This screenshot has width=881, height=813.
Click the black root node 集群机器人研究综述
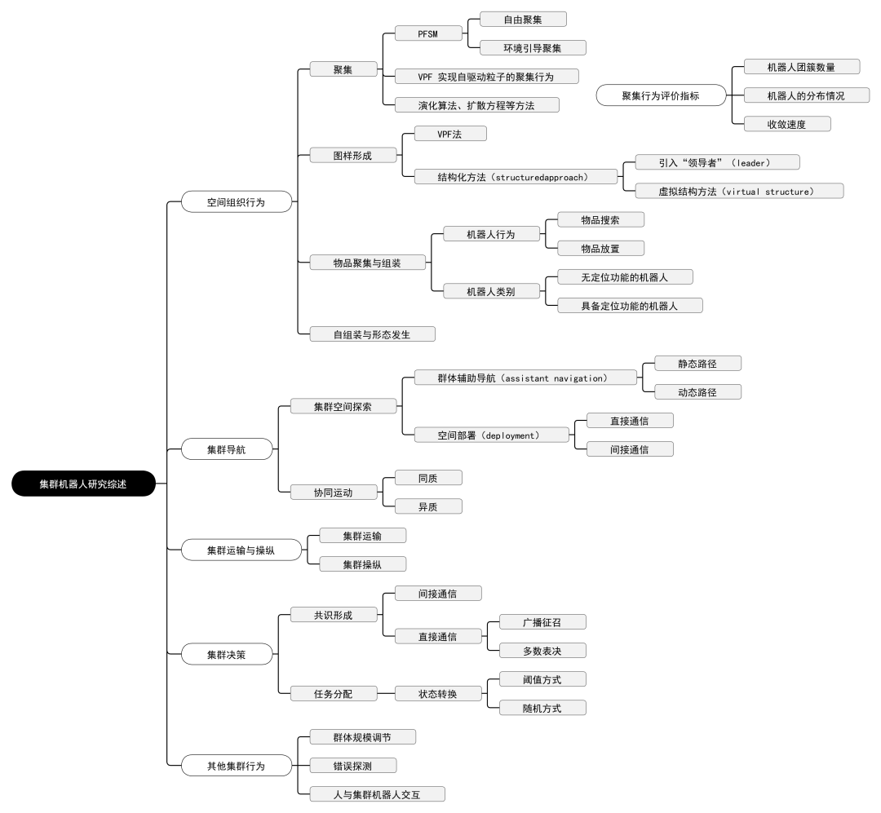pyautogui.click(x=83, y=484)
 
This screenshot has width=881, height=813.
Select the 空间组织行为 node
pyautogui.click(x=236, y=201)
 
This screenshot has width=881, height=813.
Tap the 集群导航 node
pyautogui.click(x=225, y=449)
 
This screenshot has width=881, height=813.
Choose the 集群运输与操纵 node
pyautogui.click(x=241, y=550)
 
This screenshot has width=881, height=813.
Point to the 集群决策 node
pyautogui.click(x=225, y=653)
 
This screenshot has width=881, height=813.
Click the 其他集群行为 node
pyautogui.click(x=236, y=766)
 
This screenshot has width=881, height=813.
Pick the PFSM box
pyautogui.click(x=428, y=33)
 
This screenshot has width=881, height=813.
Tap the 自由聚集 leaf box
pyautogui.click(x=523, y=19)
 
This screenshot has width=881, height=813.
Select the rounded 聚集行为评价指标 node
pyautogui.click(x=661, y=95)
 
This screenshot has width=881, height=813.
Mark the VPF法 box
pyautogui.click(x=450, y=133)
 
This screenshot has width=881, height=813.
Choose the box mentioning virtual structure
pyautogui.click(x=739, y=191)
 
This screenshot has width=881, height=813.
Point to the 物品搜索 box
pyautogui.click(x=600, y=219)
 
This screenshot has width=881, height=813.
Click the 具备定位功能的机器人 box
pyautogui.click(x=630, y=306)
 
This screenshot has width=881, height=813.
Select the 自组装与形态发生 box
pyautogui.click(x=372, y=334)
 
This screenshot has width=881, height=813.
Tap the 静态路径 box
pyautogui.click(x=697, y=363)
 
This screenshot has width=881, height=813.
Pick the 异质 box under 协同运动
pyautogui.click(x=428, y=506)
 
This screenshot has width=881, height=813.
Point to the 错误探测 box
pyautogui.click(x=353, y=766)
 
